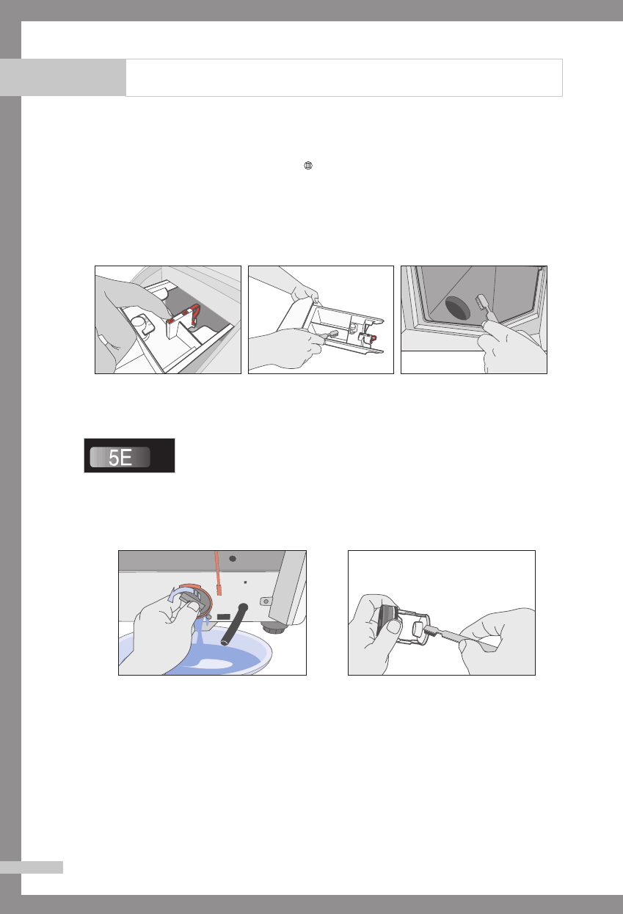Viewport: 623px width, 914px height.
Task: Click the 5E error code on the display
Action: (x=120, y=457)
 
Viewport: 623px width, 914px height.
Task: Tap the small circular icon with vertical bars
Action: (x=308, y=165)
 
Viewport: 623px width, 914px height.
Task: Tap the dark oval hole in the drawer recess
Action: (x=458, y=309)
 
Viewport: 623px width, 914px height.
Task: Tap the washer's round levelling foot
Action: (x=274, y=628)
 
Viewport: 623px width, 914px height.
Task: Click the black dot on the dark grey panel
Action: (x=233, y=559)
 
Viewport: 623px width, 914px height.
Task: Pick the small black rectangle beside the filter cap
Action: (x=224, y=616)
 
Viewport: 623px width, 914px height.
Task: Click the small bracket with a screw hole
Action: (x=266, y=601)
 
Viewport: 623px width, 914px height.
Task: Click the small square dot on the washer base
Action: (x=245, y=582)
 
